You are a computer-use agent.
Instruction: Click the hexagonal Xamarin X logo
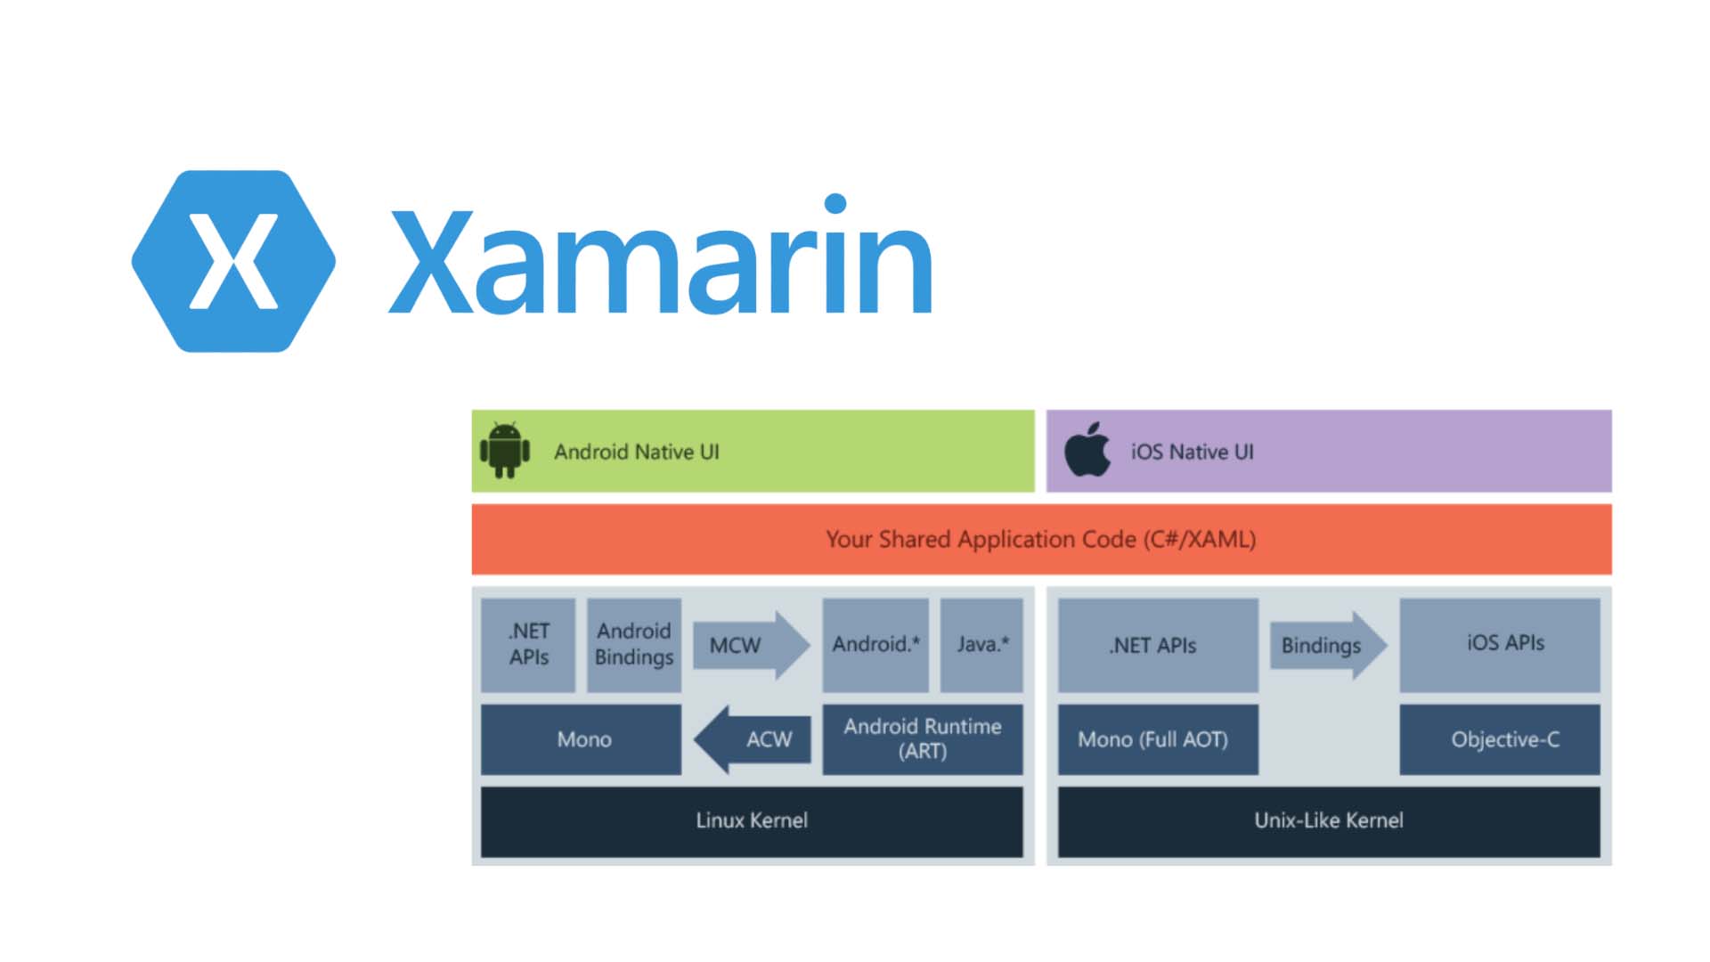(x=233, y=261)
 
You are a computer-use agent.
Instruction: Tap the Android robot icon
(x=505, y=450)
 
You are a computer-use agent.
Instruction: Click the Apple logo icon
(x=1087, y=449)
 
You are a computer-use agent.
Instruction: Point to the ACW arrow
(x=752, y=739)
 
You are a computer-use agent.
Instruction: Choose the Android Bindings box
(x=634, y=645)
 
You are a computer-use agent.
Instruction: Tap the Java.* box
(x=981, y=645)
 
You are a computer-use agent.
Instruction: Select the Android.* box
(x=875, y=645)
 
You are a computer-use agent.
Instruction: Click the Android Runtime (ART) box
(x=923, y=739)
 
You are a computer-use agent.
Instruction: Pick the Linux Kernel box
(x=752, y=821)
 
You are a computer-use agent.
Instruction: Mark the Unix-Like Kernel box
(x=1329, y=821)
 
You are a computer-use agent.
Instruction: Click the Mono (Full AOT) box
(x=1158, y=739)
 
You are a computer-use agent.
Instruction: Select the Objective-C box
(x=1500, y=739)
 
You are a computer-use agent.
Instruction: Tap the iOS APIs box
(x=1500, y=645)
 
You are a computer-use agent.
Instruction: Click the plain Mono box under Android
(x=581, y=739)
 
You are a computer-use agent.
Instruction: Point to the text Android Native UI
(x=637, y=452)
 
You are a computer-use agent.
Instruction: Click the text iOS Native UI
(x=1193, y=452)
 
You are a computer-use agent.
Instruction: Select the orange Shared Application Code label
(x=1041, y=540)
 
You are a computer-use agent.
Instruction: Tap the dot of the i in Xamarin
(x=835, y=204)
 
